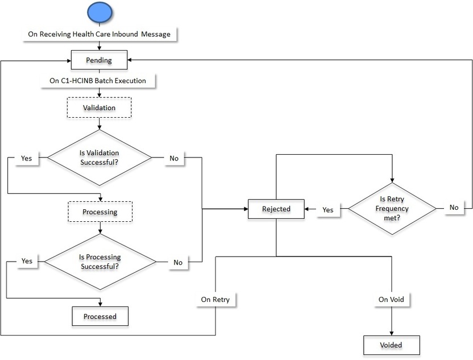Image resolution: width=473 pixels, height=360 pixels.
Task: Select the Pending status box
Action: pyautogui.click(x=99, y=60)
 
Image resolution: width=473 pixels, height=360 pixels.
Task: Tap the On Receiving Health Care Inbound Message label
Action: pyautogui.click(x=99, y=35)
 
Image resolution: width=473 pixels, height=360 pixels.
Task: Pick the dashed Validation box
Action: pyautogui.click(x=99, y=107)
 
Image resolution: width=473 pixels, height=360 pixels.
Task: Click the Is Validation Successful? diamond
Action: pyautogui.click(x=99, y=158)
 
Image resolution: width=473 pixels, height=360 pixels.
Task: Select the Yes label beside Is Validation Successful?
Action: pyautogui.click(x=26, y=158)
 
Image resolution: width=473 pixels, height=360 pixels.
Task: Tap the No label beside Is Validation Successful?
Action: pyautogui.click(x=174, y=158)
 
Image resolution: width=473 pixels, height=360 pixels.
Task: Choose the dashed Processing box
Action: pyautogui.click(x=100, y=212)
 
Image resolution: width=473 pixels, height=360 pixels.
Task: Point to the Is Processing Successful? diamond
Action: pyautogui.click(x=99, y=262)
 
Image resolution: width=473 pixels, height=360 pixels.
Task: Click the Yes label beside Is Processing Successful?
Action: pyautogui.click(x=27, y=261)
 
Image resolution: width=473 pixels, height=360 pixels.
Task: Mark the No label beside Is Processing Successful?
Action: pyautogui.click(x=178, y=262)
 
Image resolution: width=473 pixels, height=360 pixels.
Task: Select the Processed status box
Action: pyautogui.click(x=100, y=316)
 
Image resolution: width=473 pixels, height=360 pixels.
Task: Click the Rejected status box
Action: pyautogui.click(x=276, y=209)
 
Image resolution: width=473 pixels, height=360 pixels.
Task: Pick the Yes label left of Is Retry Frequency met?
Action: pyautogui.click(x=328, y=209)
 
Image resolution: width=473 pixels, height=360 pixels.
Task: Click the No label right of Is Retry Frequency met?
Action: pyautogui.click(x=454, y=208)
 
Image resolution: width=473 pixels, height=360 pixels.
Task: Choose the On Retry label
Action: pyautogui.click(x=215, y=299)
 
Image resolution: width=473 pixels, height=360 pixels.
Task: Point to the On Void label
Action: pyautogui.click(x=391, y=299)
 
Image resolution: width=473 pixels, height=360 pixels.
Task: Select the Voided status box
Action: pyautogui.click(x=391, y=345)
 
